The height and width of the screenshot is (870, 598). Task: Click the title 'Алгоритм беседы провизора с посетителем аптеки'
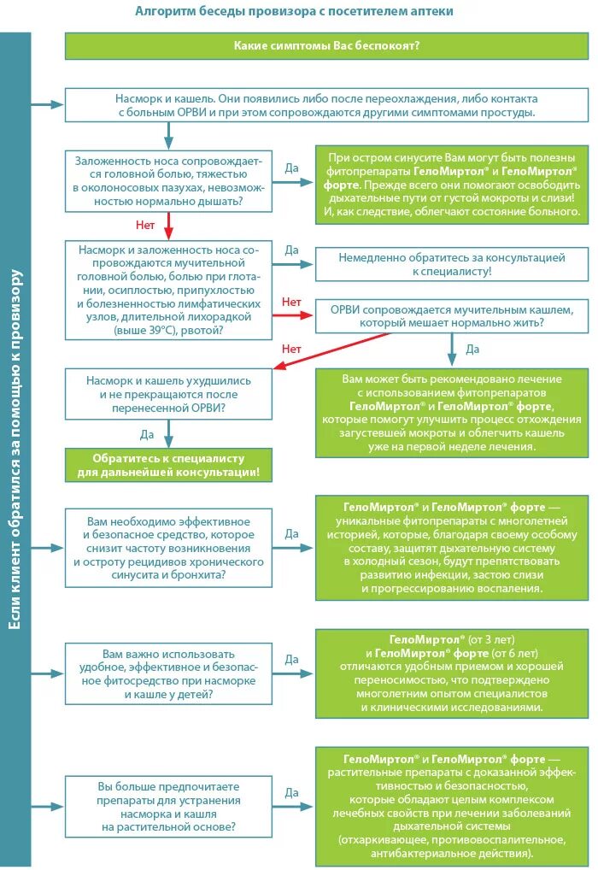tap(295, 11)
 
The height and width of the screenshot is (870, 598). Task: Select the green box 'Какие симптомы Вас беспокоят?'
tap(326, 45)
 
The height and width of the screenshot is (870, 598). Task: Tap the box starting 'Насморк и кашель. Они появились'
tap(326, 105)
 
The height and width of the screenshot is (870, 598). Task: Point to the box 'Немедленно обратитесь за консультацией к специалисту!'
tap(451, 263)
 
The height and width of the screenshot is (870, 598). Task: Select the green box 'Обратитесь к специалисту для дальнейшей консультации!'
tap(168, 465)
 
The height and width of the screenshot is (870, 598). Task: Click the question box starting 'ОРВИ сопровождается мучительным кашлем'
tap(451, 315)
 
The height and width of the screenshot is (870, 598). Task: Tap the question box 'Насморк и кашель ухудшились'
tap(168, 394)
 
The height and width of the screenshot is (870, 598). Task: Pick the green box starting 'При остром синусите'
tap(451, 185)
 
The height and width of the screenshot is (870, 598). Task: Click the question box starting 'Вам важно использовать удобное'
tap(168, 672)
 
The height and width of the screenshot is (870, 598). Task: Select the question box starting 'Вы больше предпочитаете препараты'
tap(168, 806)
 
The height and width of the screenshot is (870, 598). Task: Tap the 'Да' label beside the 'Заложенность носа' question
tap(291, 168)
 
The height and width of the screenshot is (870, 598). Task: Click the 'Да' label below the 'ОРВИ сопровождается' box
tap(472, 349)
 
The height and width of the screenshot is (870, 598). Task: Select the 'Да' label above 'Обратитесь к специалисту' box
tap(147, 434)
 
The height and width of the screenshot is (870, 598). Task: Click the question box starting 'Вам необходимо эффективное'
tap(168, 548)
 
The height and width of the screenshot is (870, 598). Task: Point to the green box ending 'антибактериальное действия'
tap(451, 806)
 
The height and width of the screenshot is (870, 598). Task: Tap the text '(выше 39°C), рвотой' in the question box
tap(168, 329)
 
